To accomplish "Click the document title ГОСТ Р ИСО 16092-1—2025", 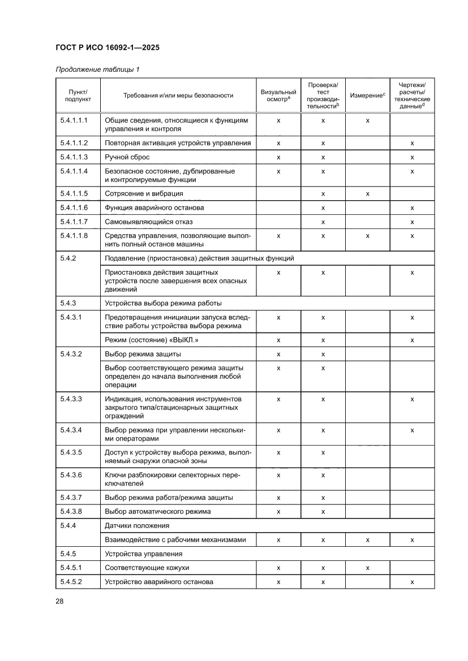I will [108, 48].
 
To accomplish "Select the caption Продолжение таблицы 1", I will [97, 70].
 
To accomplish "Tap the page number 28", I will [59, 601].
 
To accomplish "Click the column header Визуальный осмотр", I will [278, 95].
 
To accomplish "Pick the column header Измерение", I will [367, 96].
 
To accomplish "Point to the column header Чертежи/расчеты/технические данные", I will [412, 95].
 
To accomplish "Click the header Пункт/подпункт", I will [78, 95].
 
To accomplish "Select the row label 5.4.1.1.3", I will [74, 157].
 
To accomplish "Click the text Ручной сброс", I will [127, 157].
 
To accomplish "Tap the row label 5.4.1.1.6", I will [74, 208].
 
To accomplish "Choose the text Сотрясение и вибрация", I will [144, 193].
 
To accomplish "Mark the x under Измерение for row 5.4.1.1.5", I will [367, 193].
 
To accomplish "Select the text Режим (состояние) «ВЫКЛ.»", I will [152, 340].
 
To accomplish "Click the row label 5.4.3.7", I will [71, 498].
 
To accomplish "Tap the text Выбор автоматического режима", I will [157, 512].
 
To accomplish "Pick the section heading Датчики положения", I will [135, 526].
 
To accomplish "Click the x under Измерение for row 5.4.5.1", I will [367, 568].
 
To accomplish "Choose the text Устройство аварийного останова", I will [159, 582].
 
